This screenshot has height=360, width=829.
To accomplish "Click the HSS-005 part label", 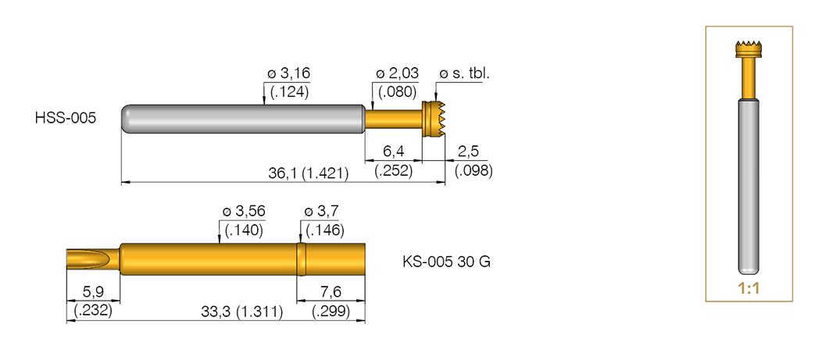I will point(65,119).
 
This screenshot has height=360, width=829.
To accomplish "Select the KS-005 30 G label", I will point(445,262).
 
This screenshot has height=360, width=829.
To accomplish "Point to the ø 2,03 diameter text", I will point(397,73).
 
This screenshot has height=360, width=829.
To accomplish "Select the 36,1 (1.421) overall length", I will point(309,173).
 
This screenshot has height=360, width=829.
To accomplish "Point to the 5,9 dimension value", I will point(91,291).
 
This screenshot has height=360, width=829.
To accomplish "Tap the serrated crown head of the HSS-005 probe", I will point(432,119).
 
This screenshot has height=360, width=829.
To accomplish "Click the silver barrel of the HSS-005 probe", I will point(242,119).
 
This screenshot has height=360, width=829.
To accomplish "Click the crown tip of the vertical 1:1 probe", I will point(749,48).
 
